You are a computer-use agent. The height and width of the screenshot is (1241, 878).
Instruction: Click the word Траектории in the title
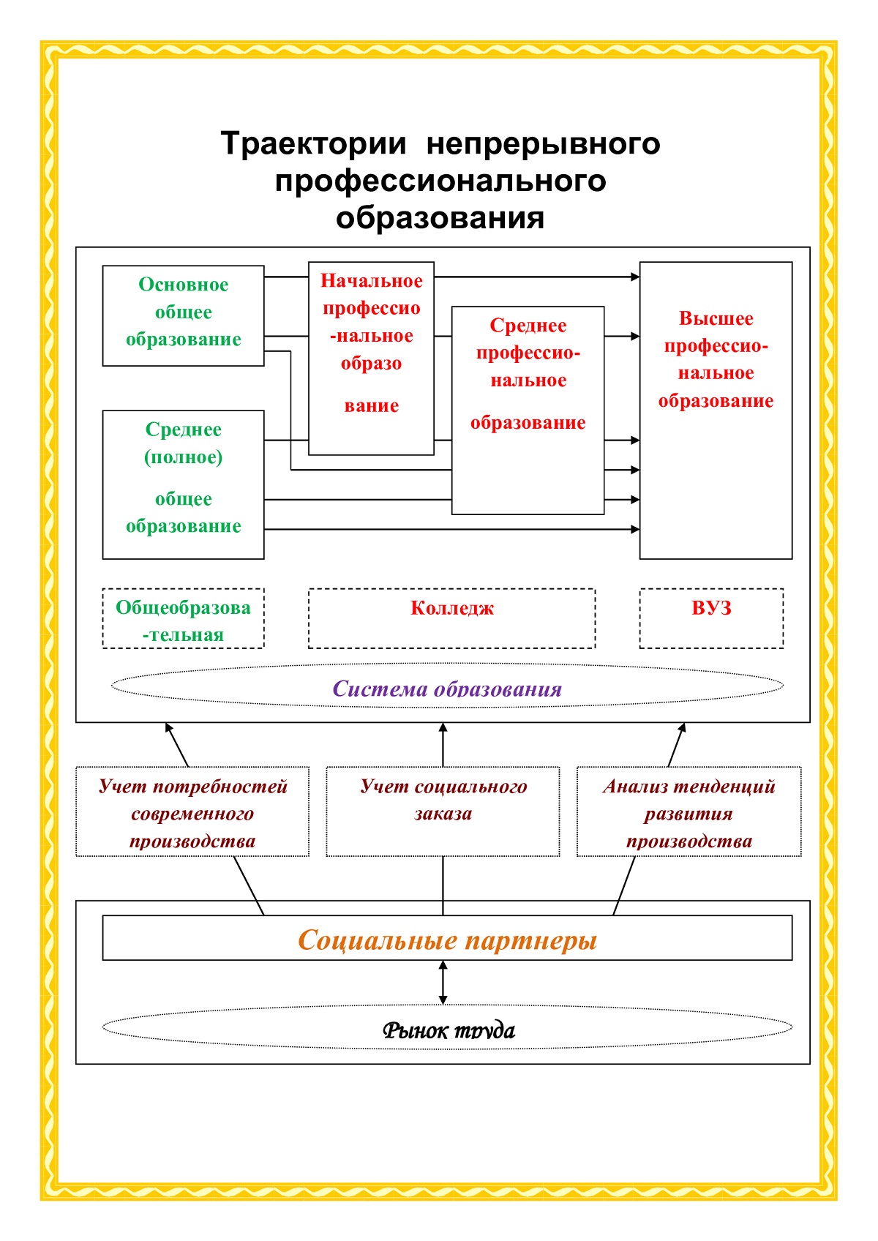point(313,143)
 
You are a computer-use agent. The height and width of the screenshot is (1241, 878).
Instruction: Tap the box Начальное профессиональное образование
point(371,344)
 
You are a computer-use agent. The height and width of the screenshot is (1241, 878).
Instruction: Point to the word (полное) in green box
point(183,457)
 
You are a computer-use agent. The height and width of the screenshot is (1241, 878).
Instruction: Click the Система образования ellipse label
point(447,689)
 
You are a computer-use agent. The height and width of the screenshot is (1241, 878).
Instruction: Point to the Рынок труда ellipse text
point(448,1030)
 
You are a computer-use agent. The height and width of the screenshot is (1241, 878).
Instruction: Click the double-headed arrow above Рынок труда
point(443,983)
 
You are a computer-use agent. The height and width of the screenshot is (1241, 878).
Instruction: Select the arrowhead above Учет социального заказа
point(443,729)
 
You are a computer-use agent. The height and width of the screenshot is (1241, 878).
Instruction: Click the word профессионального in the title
point(440,181)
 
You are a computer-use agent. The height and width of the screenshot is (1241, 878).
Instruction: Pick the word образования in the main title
point(440,218)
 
